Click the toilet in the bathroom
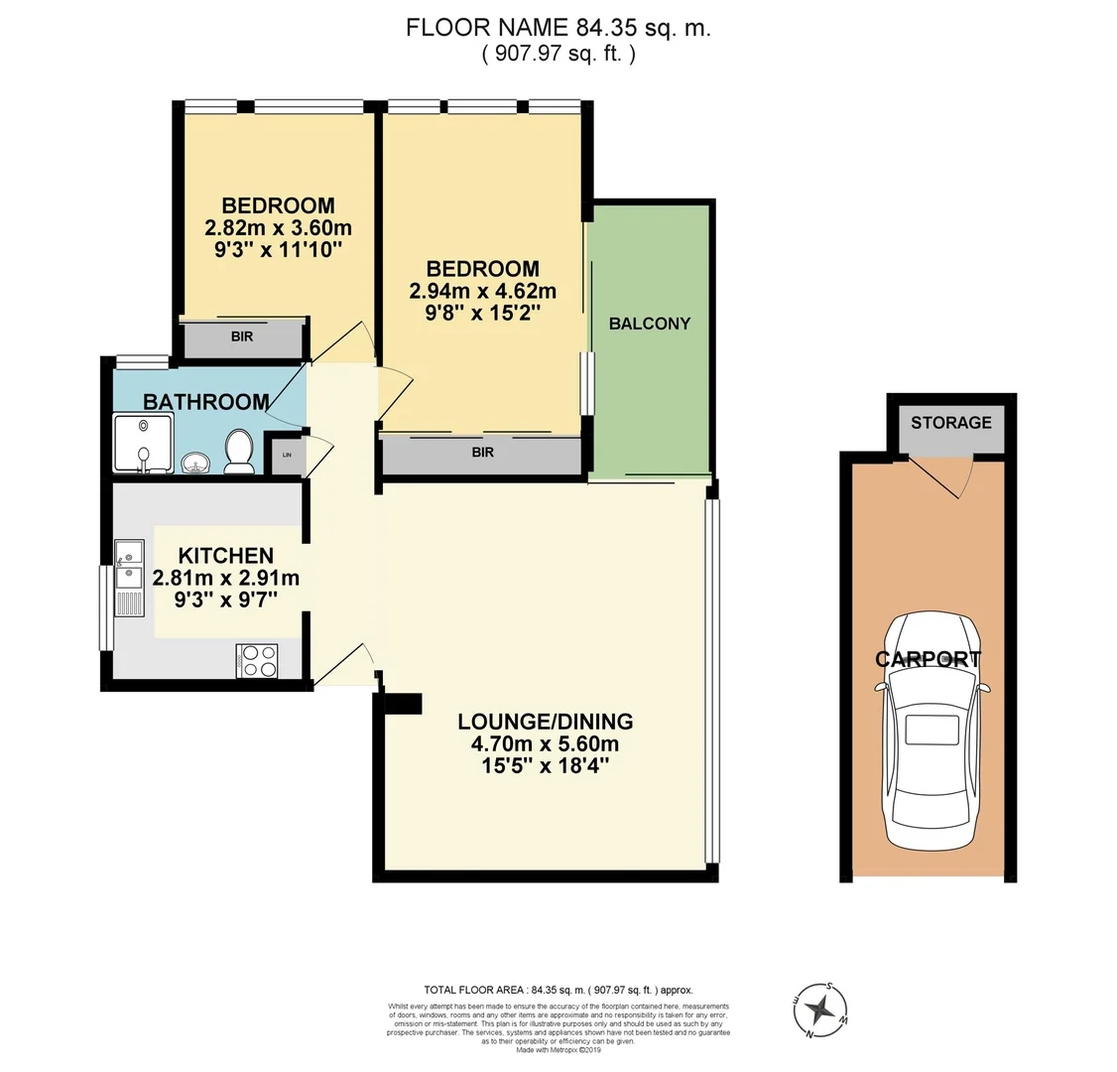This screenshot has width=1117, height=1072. point(238,452)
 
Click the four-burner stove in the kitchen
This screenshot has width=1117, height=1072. point(257,661)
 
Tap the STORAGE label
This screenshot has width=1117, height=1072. point(950,423)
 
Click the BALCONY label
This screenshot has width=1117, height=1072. point(649,324)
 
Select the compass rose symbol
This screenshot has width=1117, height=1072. point(820,1010)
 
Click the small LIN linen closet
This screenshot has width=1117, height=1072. point(288,456)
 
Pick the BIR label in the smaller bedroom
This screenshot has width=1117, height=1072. point(241,337)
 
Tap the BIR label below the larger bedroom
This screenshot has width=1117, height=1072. point(482,453)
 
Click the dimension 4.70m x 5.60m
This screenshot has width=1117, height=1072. point(545,743)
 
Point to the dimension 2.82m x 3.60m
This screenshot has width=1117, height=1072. point(278,227)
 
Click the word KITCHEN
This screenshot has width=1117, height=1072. point(225,556)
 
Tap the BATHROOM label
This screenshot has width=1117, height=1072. point(205,402)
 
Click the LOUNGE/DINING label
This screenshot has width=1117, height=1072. point(545,722)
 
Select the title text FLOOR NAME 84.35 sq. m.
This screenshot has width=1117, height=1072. point(558,28)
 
